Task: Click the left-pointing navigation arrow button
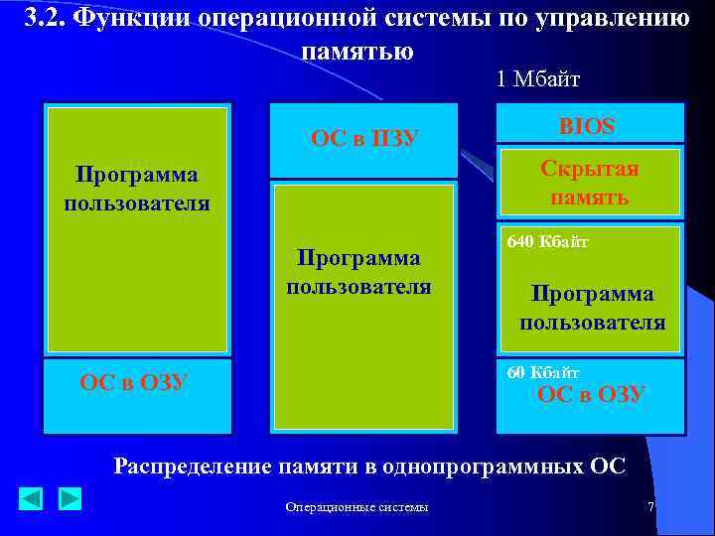pos(31,498)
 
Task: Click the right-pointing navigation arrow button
pos(69,498)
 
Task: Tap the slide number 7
pos(650,507)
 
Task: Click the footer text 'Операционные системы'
pos(357,507)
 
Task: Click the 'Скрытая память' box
pos(589,182)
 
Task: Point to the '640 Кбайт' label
pos(547,241)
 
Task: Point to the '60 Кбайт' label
pos(543,372)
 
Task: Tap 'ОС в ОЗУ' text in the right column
pos(591,394)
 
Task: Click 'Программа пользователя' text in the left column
pos(137,189)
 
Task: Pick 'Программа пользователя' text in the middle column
pos(358,272)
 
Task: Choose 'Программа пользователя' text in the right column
pos(592,308)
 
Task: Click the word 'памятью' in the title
pos(357,51)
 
